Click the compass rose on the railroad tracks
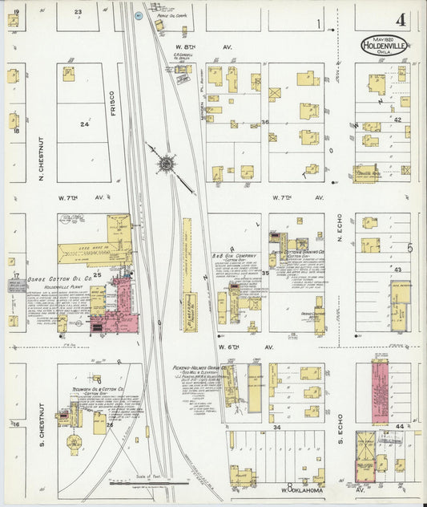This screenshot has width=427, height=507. (x=166, y=164)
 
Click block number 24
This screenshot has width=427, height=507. (x=84, y=124)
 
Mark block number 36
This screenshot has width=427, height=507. (x=264, y=122)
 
